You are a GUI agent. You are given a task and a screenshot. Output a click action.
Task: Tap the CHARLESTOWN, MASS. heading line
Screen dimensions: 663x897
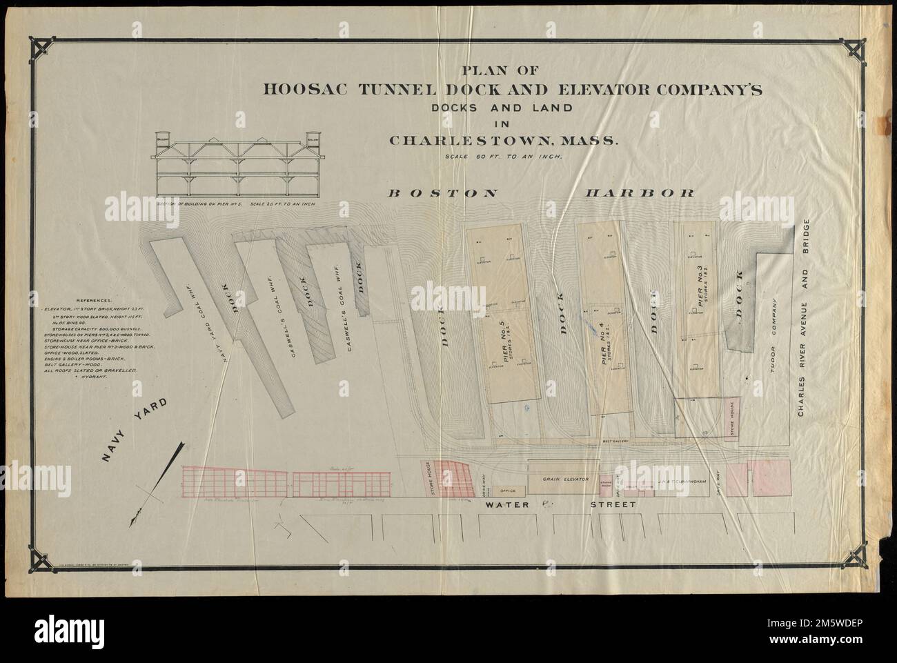pos(504,141)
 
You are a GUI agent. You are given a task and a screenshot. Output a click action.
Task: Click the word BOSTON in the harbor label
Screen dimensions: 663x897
pos(442,194)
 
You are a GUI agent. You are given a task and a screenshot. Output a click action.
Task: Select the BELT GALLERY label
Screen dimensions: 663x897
pos(614,439)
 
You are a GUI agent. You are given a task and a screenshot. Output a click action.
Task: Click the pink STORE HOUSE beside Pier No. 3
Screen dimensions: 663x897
pos(729,417)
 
